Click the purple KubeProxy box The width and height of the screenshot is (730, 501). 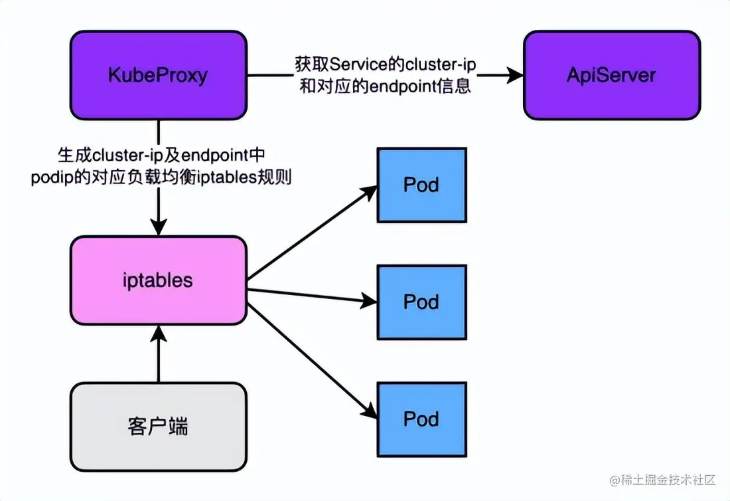(158, 75)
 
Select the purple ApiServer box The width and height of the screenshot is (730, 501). (611, 75)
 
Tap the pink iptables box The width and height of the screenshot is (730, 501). (158, 280)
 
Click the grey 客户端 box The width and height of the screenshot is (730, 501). (158, 426)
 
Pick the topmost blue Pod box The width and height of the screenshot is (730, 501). (421, 184)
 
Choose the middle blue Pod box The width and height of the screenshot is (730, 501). (421, 302)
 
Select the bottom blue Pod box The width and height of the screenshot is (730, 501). (421, 419)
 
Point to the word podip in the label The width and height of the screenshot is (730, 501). (48, 178)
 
